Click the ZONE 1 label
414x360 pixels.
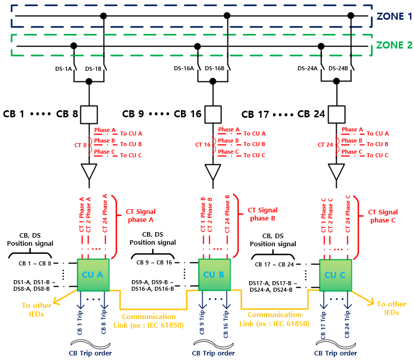pyautogui.click(x=394, y=16)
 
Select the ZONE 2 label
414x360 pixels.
pyautogui.click(x=394, y=45)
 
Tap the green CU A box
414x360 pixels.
pyautogui.click(x=93, y=275)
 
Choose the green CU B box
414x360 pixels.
pyautogui.click(x=215, y=275)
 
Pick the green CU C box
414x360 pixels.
pyautogui.click(x=336, y=275)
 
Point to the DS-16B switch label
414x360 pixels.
pyautogui.click(x=215, y=69)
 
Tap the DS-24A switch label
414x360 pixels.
pyautogui.click(x=307, y=69)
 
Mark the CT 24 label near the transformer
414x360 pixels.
pyautogui.click(x=326, y=145)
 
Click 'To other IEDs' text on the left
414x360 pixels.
pyautogui.click(x=36, y=309)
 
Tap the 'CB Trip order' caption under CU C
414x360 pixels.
pyautogui.click(x=335, y=353)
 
